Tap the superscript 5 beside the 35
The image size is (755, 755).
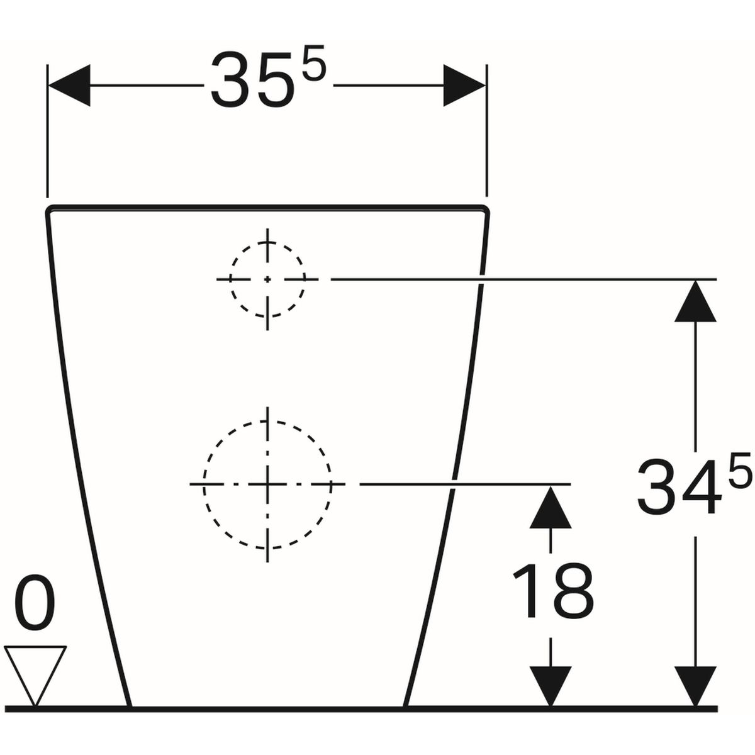coord(314,64)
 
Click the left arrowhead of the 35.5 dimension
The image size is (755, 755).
coord(69,85)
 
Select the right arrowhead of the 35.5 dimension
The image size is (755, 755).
coord(465,85)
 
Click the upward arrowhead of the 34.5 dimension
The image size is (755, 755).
coord(695,301)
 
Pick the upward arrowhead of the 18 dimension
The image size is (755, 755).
coord(551,506)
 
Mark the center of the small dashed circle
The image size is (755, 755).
coord(267,279)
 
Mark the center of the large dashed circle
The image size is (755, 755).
coord(267,484)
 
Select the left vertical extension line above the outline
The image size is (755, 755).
coord(47,131)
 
